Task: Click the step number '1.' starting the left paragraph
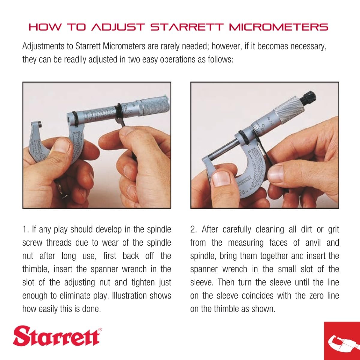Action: point(25,229)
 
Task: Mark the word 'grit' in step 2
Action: point(333,229)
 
